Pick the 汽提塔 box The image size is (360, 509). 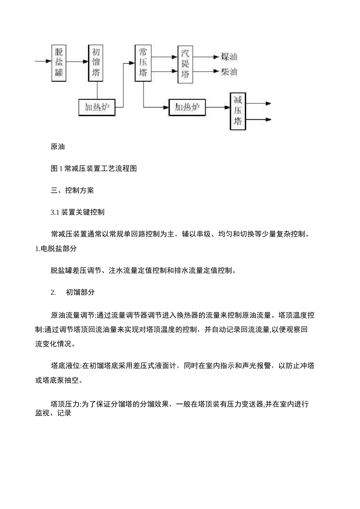point(185,65)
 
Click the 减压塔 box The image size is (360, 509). point(238,111)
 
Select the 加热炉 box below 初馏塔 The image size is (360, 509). point(97,108)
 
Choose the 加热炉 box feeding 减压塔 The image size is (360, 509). point(187,108)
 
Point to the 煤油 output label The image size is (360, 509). point(229,57)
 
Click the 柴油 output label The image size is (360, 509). point(229,72)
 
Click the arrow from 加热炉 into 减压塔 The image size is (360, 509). point(218,108)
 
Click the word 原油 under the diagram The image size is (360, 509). point(58,147)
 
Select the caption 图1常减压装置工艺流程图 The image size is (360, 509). point(94,169)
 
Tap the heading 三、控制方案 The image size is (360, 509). point(72,190)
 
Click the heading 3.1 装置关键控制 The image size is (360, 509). point(77,212)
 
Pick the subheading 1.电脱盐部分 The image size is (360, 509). point(56,248)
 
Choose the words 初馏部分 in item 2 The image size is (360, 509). point(80,292)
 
